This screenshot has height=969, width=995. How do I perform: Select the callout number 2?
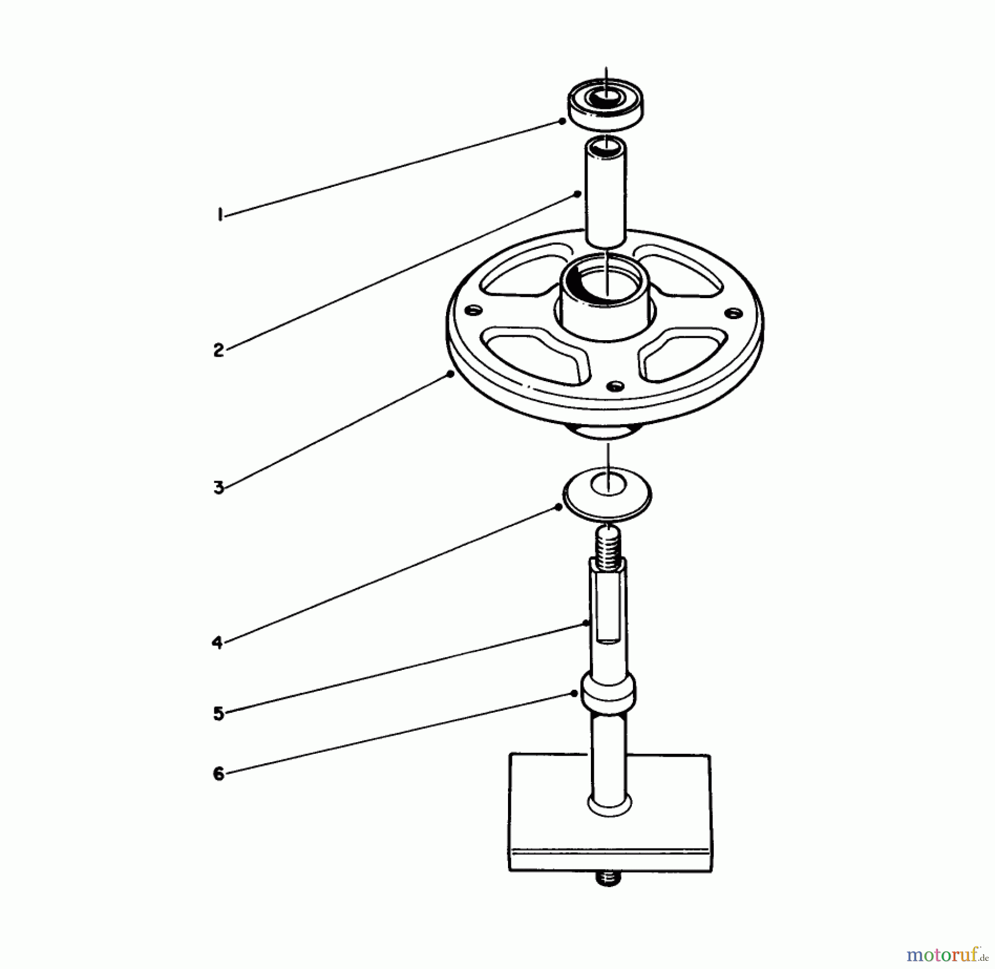pyautogui.click(x=219, y=350)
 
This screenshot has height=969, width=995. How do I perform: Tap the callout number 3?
pyautogui.click(x=219, y=488)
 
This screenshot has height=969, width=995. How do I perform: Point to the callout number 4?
pyautogui.click(x=217, y=643)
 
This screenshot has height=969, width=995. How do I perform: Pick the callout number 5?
pyautogui.click(x=219, y=713)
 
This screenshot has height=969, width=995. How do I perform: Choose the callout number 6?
pyautogui.click(x=219, y=773)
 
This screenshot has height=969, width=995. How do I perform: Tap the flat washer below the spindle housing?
pyautogui.click(x=607, y=494)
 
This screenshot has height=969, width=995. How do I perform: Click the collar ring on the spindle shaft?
pyautogui.click(x=608, y=694)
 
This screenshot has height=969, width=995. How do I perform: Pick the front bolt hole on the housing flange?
pyautogui.click(x=615, y=385)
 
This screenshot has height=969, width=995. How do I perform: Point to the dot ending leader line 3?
pyautogui.click(x=451, y=374)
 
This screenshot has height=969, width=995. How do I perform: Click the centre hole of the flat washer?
pyautogui.click(x=608, y=485)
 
